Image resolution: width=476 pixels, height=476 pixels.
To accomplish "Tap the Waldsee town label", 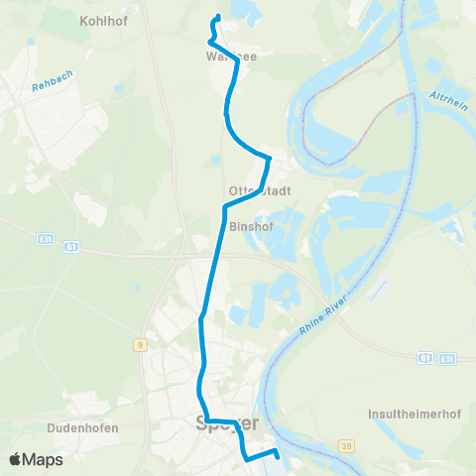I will point(230,57).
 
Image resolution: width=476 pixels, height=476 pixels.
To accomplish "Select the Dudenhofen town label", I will point(82,428).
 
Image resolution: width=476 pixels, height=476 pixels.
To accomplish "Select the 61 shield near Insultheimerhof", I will point(424,357).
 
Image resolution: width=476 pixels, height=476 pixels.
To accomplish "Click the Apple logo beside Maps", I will point(17,459).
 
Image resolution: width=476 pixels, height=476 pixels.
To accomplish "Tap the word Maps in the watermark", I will point(44,459).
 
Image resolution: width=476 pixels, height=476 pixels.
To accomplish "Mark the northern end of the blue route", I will point(217,17).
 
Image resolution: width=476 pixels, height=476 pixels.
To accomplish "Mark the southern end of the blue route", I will point(276,455).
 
